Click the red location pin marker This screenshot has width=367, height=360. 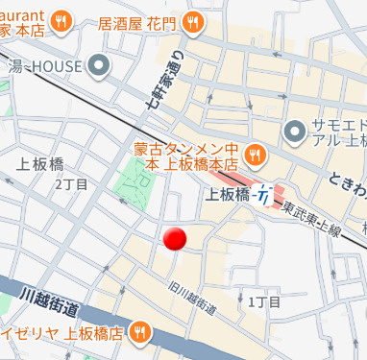(x=174, y=239)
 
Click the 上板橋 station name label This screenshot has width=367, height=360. (x=229, y=194)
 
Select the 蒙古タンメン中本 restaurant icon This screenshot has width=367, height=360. (x=255, y=154)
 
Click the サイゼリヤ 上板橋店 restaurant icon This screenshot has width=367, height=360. (x=140, y=334)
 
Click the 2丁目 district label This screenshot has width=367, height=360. (x=71, y=183)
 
